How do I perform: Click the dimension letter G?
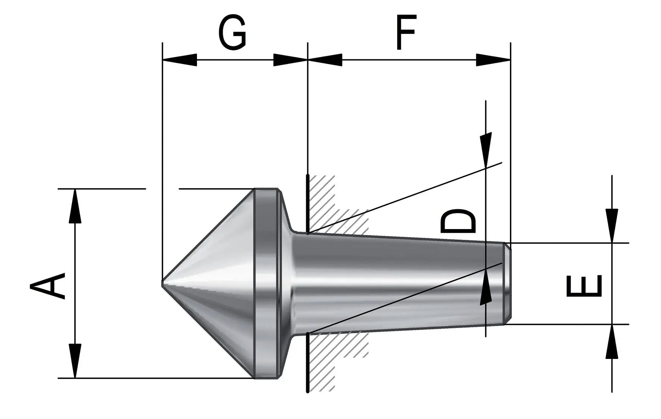[232, 33]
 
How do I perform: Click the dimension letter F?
[405, 32]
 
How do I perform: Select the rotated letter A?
[48, 286]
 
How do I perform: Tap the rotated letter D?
[458, 221]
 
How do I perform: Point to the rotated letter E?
[584, 286]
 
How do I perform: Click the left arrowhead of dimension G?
[180, 60]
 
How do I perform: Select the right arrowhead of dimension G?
[291, 60]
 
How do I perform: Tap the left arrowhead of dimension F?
[325, 60]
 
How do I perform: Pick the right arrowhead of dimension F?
[493, 60]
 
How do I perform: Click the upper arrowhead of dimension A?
[75, 206]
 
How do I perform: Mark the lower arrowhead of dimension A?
[75, 361]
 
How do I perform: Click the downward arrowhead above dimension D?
[486, 150]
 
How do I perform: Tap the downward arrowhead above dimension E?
[612, 226]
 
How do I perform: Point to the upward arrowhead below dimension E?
[612, 341]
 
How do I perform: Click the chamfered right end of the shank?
[507, 284]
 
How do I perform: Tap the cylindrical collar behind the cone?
[266, 284]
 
